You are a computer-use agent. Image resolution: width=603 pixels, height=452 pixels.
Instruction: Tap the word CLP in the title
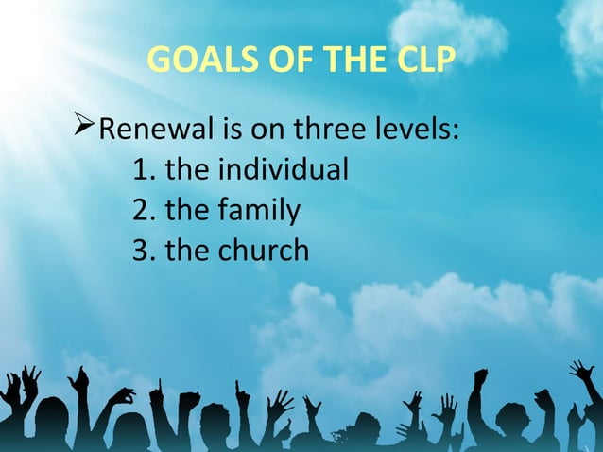pos(421,62)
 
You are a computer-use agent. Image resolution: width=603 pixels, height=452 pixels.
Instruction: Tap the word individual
pos(283,170)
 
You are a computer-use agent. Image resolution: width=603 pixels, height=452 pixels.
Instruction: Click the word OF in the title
pos(276,62)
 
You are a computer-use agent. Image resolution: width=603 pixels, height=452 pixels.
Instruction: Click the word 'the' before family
pos(186,211)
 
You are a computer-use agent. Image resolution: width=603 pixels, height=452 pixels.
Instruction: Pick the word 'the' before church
pos(186,251)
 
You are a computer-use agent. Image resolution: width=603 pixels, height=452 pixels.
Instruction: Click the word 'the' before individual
pos(186,171)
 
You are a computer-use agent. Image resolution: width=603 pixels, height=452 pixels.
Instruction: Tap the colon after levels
pos(457,132)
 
